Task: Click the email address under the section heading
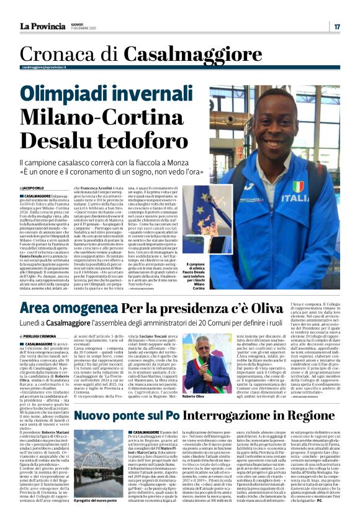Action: (43, 66)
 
